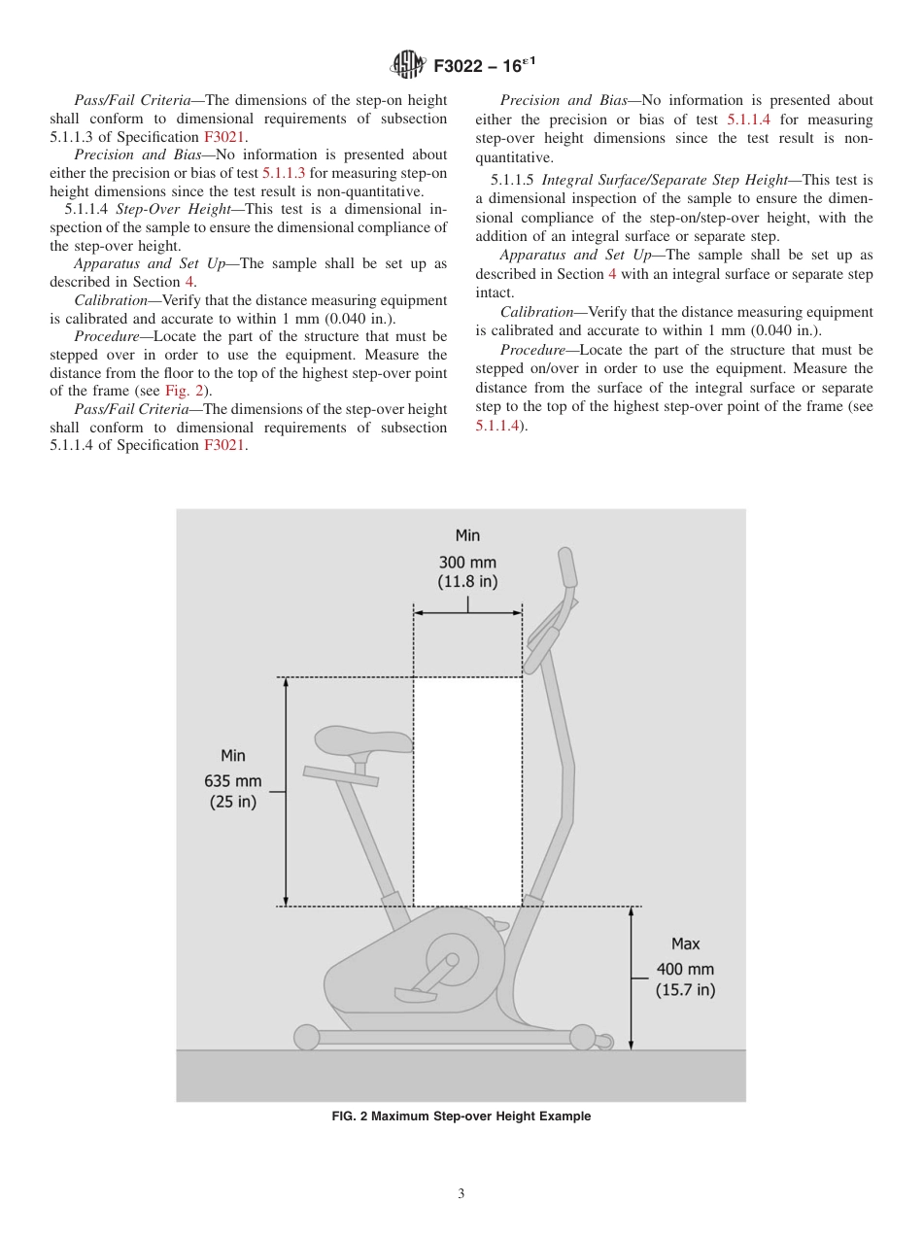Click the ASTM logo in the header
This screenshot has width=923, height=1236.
tap(407, 65)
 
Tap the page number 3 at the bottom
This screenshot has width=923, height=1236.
tap(461, 1193)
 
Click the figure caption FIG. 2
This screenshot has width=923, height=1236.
tap(461, 1116)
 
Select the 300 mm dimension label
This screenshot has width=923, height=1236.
tap(467, 563)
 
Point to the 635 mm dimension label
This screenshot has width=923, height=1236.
tap(233, 780)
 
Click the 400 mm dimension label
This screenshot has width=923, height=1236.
tap(685, 969)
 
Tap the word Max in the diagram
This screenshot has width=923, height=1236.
tap(685, 944)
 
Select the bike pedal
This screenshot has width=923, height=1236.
tap(415, 994)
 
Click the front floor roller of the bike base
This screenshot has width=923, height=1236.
tap(583, 1037)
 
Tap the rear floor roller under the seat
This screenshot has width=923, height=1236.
tap(307, 1038)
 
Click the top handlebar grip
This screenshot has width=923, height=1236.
tap(566, 567)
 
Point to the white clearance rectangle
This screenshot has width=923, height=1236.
tap(467, 791)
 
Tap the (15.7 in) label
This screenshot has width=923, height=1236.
tap(685, 991)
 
